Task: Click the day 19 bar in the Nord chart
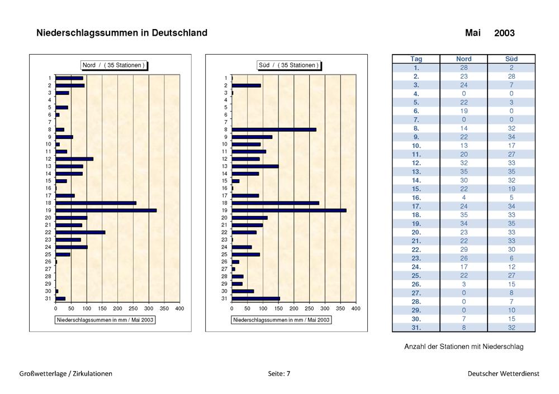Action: point(106,210)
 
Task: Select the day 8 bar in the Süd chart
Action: point(274,129)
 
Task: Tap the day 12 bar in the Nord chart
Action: point(74,158)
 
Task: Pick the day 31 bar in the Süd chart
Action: point(255,299)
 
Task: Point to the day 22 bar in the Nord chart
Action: point(80,232)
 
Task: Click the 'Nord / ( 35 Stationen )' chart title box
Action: point(113,65)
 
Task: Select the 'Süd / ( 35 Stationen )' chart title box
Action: point(288,65)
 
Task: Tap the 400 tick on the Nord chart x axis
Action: point(179,308)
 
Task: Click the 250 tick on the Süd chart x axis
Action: point(310,308)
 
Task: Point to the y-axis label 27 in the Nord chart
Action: point(48,269)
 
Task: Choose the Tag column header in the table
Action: point(416,59)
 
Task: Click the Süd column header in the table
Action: point(511,59)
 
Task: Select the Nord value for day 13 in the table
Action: point(464,171)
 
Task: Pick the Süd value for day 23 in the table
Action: point(511,258)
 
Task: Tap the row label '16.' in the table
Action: point(416,198)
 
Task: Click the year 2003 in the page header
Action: point(504,33)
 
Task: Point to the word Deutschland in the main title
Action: point(179,33)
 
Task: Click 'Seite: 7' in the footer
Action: point(279,373)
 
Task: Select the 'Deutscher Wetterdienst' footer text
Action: point(504,373)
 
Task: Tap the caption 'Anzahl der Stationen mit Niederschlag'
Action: point(464,347)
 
